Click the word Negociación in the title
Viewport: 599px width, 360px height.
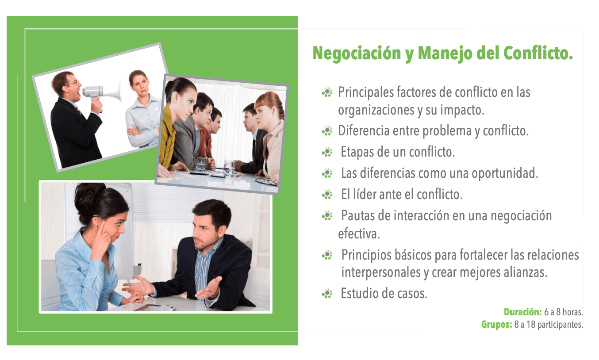tap(357, 54)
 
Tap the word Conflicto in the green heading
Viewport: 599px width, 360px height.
tap(538, 53)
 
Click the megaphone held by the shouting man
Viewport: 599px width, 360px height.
tap(102, 92)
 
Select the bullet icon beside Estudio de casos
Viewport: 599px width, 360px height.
tap(327, 294)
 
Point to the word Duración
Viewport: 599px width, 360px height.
tap(523, 312)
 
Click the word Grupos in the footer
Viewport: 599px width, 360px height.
tap(496, 325)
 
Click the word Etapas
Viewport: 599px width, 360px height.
tap(357, 152)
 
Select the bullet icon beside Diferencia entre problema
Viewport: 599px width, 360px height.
tap(327, 131)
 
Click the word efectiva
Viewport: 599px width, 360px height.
tap(359, 234)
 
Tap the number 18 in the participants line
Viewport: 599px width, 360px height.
tap(531, 325)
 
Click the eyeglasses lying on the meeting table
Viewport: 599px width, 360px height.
tap(266, 182)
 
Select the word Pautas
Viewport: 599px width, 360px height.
tap(358, 215)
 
